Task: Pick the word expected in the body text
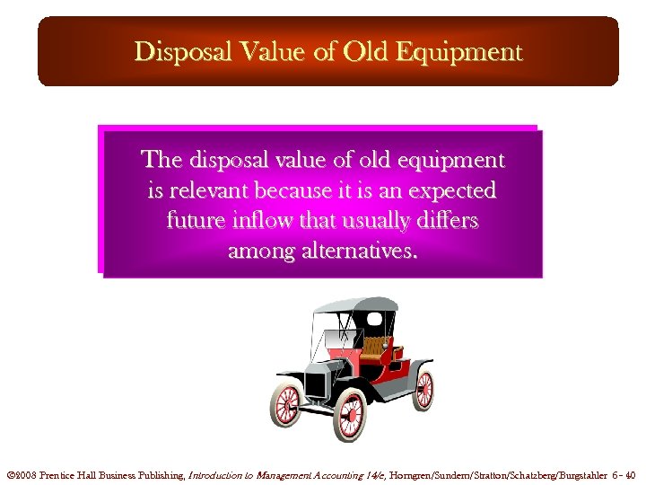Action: tap(452, 190)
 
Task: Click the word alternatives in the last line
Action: tap(358, 250)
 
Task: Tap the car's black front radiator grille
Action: tap(316, 382)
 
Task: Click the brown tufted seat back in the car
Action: tap(374, 346)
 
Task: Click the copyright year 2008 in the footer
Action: tap(25, 475)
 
